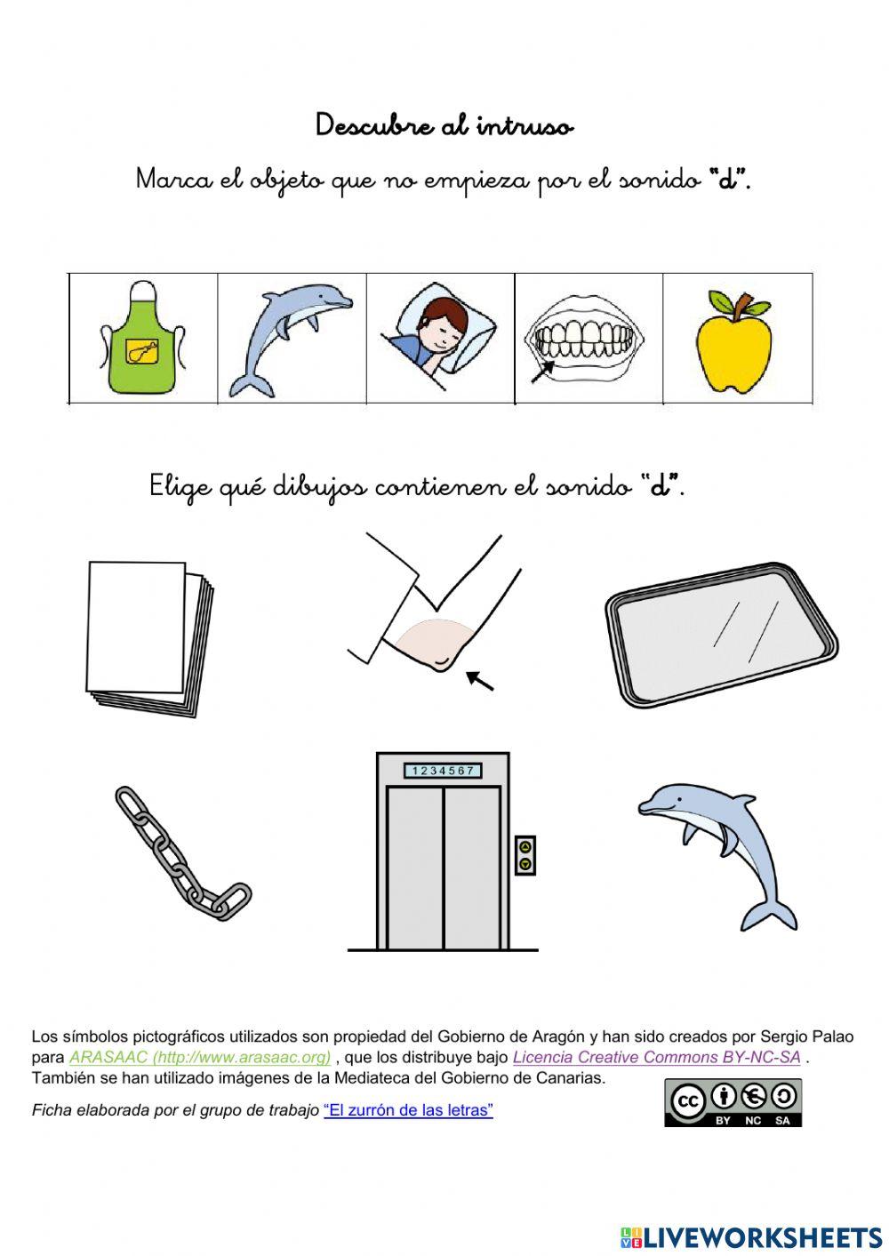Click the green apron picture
point(143,340)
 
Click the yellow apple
point(733,347)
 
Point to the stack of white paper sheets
point(149,637)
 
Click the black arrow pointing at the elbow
point(481,681)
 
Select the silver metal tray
point(721,634)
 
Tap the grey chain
point(181,854)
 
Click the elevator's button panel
point(525,855)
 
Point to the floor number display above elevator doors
point(443,771)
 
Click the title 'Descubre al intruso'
point(444,126)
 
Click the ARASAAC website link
point(200,1058)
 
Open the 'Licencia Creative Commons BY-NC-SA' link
point(656,1058)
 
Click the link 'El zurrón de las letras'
point(408,1110)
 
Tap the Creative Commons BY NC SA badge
point(733,1103)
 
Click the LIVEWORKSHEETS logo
point(751,1237)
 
